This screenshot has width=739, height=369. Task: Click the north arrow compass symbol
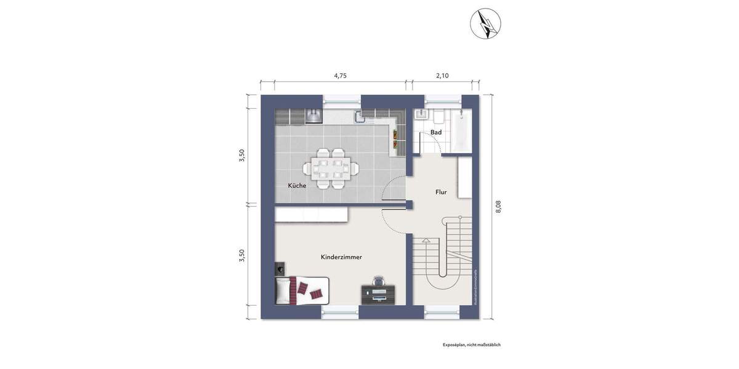point(485,23)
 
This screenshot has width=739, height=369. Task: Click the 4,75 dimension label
point(340,76)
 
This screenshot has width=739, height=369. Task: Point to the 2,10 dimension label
point(442,76)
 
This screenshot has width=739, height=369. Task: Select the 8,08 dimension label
point(498,207)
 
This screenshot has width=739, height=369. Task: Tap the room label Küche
point(297,185)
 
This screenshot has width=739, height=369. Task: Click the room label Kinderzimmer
point(341,256)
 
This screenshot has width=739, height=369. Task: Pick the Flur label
point(441,192)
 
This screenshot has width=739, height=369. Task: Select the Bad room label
point(435,132)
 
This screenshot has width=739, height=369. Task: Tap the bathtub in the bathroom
point(462,130)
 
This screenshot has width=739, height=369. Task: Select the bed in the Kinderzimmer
point(301,290)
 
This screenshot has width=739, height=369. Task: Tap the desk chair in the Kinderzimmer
point(378,281)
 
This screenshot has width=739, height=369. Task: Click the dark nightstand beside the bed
point(281,268)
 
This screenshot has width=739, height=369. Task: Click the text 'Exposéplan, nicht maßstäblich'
point(471,345)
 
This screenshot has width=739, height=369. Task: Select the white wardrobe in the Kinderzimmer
point(312,214)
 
